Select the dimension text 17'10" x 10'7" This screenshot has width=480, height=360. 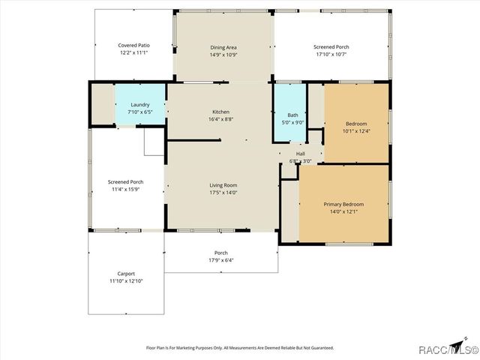pyautogui.click(x=331, y=54)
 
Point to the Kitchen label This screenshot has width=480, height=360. pyautogui.click(x=220, y=112)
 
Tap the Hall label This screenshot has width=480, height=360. pyautogui.click(x=300, y=153)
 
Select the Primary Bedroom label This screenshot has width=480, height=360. pyautogui.click(x=343, y=204)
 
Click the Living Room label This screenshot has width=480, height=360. pyautogui.click(x=223, y=184)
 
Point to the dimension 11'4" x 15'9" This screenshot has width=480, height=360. pyautogui.click(x=125, y=189)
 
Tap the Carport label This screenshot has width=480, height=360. pyautogui.click(x=125, y=274)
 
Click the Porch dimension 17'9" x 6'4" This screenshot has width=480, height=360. pyautogui.click(x=221, y=260)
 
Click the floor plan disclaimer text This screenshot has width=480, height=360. pyautogui.click(x=239, y=348)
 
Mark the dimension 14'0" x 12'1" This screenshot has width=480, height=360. pyautogui.click(x=343, y=211)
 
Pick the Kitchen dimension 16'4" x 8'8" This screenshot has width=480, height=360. pyautogui.click(x=220, y=119)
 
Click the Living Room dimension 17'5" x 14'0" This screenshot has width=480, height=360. pyautogui.click(x=223, y=192)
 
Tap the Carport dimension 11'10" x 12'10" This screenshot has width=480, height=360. pyautogui.click(x=125, y=281)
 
